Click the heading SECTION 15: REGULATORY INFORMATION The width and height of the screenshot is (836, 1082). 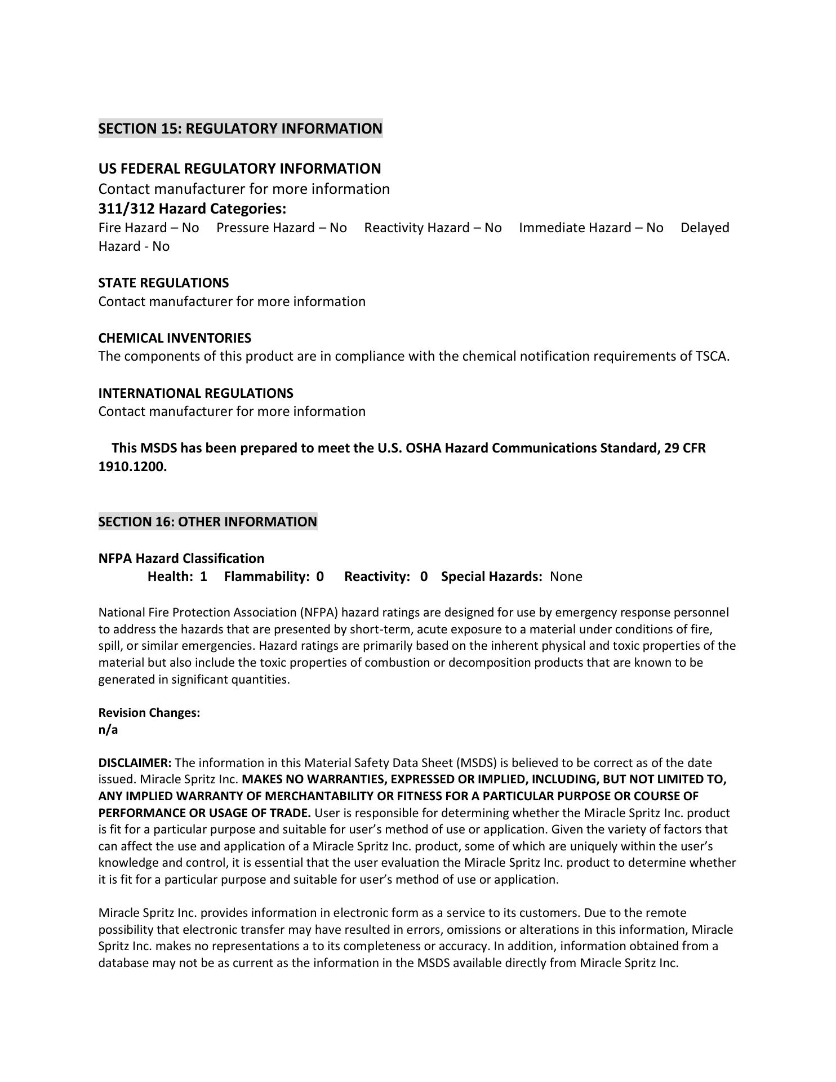(x=240, y=128)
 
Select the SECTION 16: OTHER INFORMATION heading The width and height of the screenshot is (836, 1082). (x=207, y=522)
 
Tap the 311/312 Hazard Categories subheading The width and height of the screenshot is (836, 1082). (x=192, y=209)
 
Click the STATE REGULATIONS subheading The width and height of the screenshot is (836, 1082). (x=163, y=283)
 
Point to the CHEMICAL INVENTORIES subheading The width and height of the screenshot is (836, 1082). (x=175, y=338)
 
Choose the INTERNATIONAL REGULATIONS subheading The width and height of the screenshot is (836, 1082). (x=195, y=393)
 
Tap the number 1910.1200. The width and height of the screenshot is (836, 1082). (x=132, y=467)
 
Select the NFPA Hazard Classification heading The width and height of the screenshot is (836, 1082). (x=181, y=558)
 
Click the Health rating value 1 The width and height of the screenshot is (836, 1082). (x=203, y=577)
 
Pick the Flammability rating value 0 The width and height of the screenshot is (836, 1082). (x=320, y=577)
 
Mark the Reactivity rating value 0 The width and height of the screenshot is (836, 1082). (x=424, y=577)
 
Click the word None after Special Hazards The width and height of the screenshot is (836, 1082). (x=566, y=577)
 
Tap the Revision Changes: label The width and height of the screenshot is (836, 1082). (x=149, y=713)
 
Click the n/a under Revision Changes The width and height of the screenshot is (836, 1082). (x=108, y=730)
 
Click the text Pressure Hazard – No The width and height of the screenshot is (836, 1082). (x=282, y=228)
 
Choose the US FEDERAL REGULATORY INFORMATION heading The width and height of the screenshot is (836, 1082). (x=239, y=168)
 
